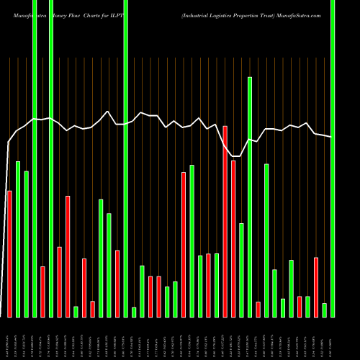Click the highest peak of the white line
point(107,112)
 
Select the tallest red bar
point(225,221)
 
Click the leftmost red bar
point(9,253)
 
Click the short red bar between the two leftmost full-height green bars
point(42,292)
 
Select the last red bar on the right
point(316,287)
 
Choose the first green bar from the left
point(18,239)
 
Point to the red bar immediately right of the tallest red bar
point(233,238)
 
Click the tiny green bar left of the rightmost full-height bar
point(324,310)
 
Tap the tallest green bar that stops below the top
point(250,197)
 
